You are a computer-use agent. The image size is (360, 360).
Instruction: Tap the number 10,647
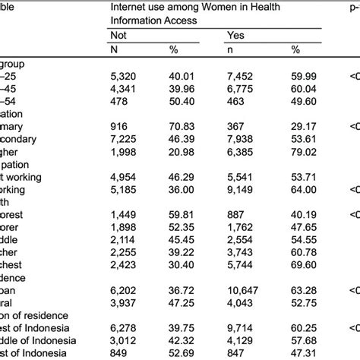[243, 289]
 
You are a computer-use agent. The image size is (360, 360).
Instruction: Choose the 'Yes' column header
[235, 35]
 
